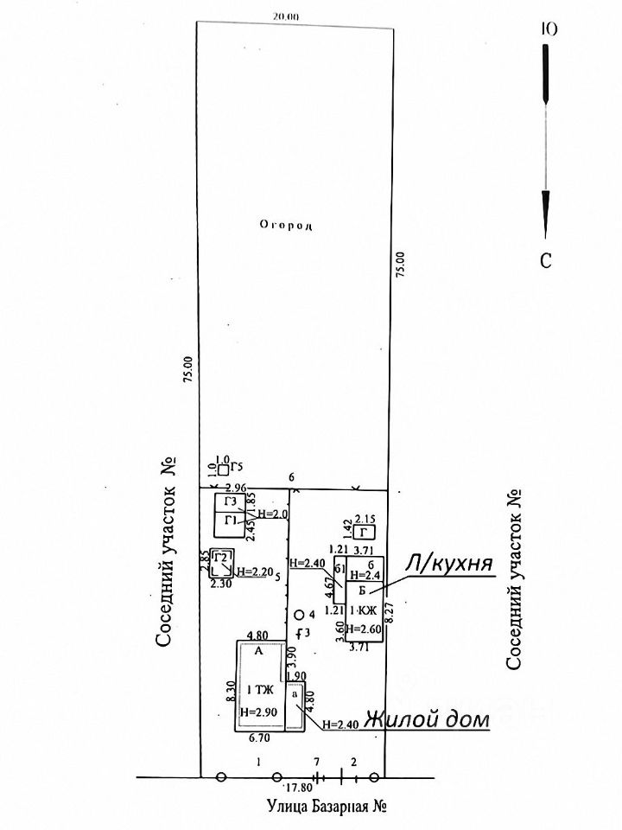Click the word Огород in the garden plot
coord(284,225)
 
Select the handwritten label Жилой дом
coord(426,719)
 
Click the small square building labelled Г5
coord(223,469)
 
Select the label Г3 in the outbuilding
coord(230,502)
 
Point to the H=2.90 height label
coord(257,712)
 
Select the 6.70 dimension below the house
coord(258,737)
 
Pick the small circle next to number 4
coord(299,615)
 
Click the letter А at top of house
coord(257,652)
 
